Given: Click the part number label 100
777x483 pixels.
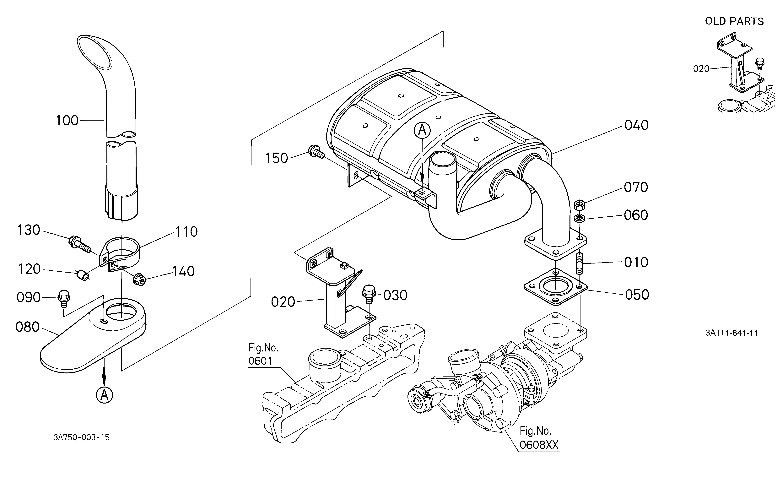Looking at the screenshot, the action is (67, 121).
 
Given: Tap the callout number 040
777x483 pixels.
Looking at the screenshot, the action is (636, 125).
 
